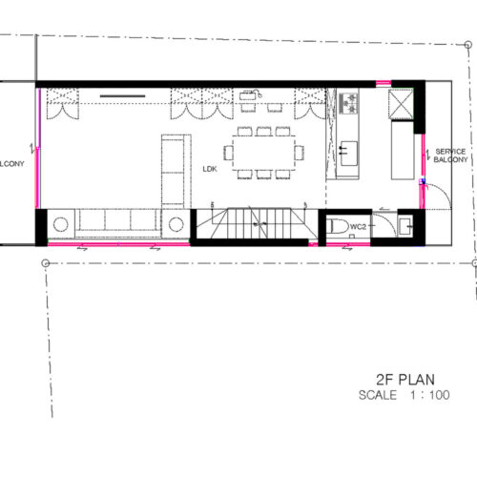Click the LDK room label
[x=210, y=169]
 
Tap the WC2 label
[x=358, y=227]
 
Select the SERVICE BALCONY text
[x=450, y=156]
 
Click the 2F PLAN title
[x=405, y=380]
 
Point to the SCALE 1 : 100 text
[x=404, y=395]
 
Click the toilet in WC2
[x=338, y=227]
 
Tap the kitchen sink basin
[x=349, y=154]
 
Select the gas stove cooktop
[x=348, y=103]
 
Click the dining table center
[x=263, y=153]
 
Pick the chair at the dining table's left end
[x=228, y=153]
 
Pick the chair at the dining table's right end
[x=299, y=153]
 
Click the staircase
[x=257, y=223]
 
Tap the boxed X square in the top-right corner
[x=401, y=104]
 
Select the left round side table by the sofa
[x=60, y=224]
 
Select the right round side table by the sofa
[x=176, y=224]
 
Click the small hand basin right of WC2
[x=405, y=226]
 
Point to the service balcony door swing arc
[x=445, y=192]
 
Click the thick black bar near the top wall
[x=122, y=95]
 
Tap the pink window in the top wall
[x=384, y=84]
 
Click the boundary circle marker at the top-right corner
[x=467, y=45]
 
